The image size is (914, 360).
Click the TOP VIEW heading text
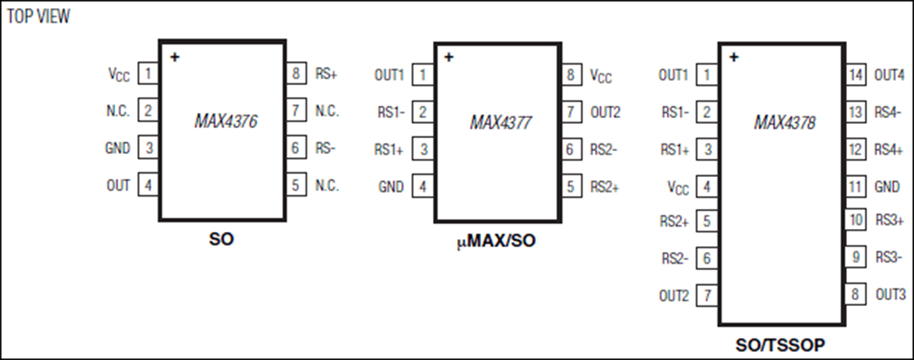click(38, 17)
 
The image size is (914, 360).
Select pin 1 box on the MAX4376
click(148, 73)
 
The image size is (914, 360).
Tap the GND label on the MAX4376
click(117, 148)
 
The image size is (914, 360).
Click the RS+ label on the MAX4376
click(326, 73)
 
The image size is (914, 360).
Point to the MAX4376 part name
click(225, 121)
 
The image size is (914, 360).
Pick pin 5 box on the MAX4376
click(296, 185)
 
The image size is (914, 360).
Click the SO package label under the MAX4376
click(222, 239)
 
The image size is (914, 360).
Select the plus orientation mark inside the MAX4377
click(449, 57)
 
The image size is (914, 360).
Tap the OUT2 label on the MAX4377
click(605, 112)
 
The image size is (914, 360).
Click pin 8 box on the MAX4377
click(572, 75)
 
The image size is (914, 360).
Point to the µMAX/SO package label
click(496, 241)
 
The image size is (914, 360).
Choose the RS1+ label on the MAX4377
click(389, 150)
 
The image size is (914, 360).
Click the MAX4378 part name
click(784, 122)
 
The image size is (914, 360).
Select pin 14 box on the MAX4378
click(856, 75)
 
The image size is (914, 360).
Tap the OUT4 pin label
click(890, 75)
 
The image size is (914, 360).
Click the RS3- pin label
click(889, 257)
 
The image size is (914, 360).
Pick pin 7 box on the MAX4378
click(707, 295)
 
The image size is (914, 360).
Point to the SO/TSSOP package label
click(780, 346)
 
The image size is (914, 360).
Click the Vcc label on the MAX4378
click(678, 188)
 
